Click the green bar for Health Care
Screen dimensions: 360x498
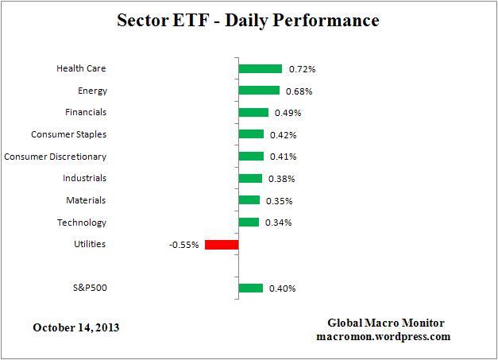coord(260,68)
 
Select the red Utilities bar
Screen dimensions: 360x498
coord(222,244)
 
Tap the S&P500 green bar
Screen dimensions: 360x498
coord(250,288)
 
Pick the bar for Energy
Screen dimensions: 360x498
coord(259,91)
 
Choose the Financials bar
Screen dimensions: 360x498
coord(253,112)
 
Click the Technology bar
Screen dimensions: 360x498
coord(249,222)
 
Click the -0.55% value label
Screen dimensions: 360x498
coord(183,245)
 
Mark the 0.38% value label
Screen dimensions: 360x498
coord(279,179)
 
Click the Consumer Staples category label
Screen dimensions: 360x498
coord(68,134)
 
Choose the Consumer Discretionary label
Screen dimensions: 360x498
coord(56,157)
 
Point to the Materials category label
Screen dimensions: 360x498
coord(86,200)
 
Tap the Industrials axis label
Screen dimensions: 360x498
coord(84,178)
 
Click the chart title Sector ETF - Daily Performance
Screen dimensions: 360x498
coord(249,20)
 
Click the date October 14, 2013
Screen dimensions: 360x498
coord(77,327)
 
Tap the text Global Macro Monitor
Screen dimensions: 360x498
coord(386,323)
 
